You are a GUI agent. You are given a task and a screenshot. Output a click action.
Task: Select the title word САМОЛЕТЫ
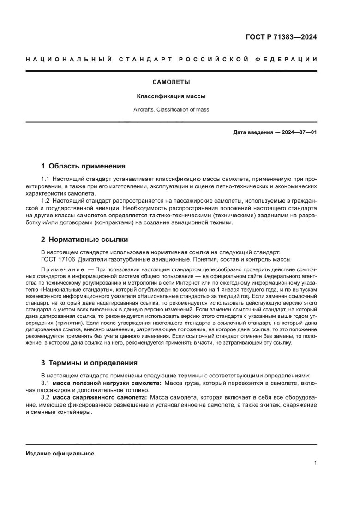point(171,83)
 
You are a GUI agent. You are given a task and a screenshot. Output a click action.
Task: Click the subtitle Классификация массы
point(171,97)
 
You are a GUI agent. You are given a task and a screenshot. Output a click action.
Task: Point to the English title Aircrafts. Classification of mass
point(171,111)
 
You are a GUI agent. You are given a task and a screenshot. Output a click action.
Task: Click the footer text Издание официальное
point(60,454)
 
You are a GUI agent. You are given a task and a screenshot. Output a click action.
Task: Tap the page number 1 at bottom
point(315,463)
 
